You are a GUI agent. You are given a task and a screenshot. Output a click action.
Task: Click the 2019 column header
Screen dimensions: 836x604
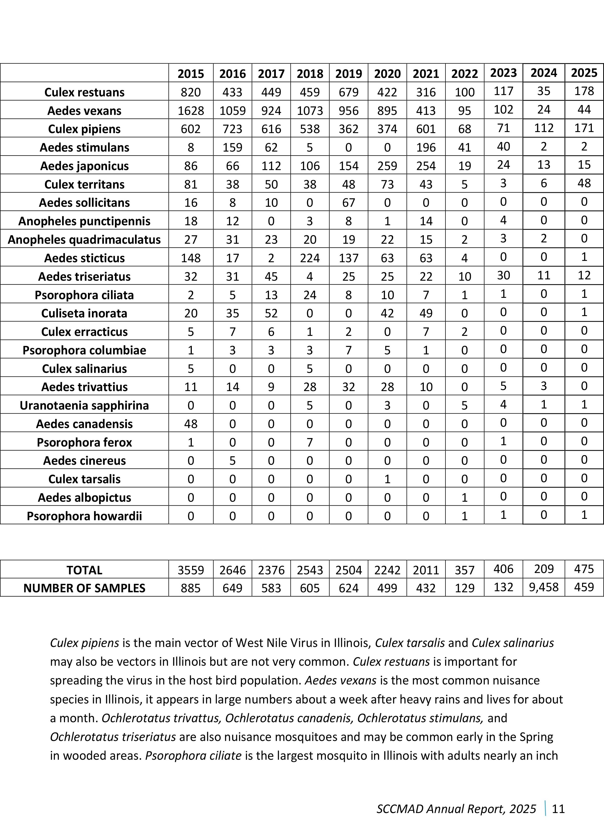tap(349, 74)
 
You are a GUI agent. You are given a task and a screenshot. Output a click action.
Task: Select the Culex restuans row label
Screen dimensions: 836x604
tap(85, 92)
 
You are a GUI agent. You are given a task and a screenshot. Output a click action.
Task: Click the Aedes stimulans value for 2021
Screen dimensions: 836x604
tap(426, 147)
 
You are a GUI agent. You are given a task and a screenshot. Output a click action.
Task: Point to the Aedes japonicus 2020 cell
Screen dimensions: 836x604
tap(387, 166)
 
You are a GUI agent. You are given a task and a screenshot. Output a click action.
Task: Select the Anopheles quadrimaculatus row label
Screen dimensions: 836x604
tap(85, 239)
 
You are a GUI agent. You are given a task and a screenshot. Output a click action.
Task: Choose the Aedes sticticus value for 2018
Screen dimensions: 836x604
tap(310, 258)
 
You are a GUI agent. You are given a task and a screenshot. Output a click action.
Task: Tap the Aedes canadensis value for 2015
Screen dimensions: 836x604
tap(191, 424)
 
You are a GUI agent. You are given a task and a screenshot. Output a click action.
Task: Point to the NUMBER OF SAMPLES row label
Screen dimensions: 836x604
tap(85, 588)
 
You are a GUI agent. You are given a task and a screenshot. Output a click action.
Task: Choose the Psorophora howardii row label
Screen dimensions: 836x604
tap(85, 516)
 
